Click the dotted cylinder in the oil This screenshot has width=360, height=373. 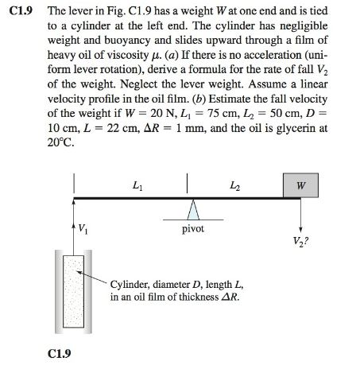point(74,294)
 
